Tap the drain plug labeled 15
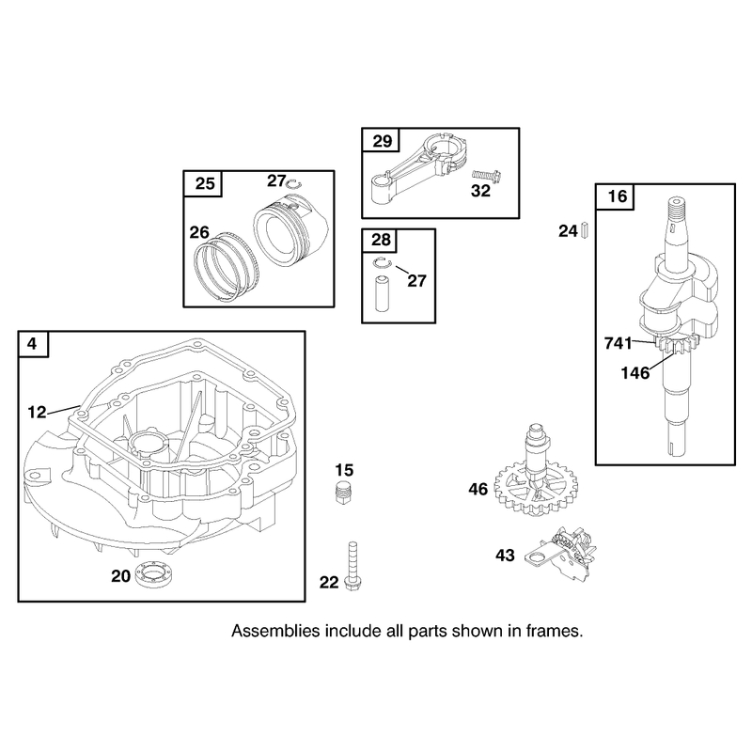341,492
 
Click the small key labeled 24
584,230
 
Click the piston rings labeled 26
226,268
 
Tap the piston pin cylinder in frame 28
383,293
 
